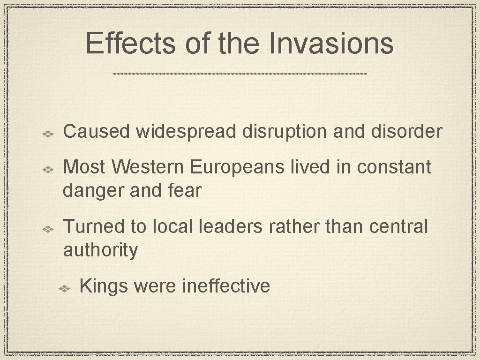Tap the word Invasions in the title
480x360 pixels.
pyautogui.click(x=331, y=44)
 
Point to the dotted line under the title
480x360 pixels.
pyautogui.click(x=240, y=74)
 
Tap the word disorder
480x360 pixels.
pyautogui.click(x=406, y=132)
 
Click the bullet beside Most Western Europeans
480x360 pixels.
pyautogui.click(x=49, y=168)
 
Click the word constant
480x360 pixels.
pyautogui.click(x=394, y=167)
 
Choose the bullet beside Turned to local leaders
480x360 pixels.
pyautogui.click(x=49, y=228)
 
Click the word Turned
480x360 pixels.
pyautogui.click(x=94, y=227)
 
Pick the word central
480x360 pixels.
pyautogui.click(x=398, y=227)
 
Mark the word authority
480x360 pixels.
pyautogui.click(x=100, y=250)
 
